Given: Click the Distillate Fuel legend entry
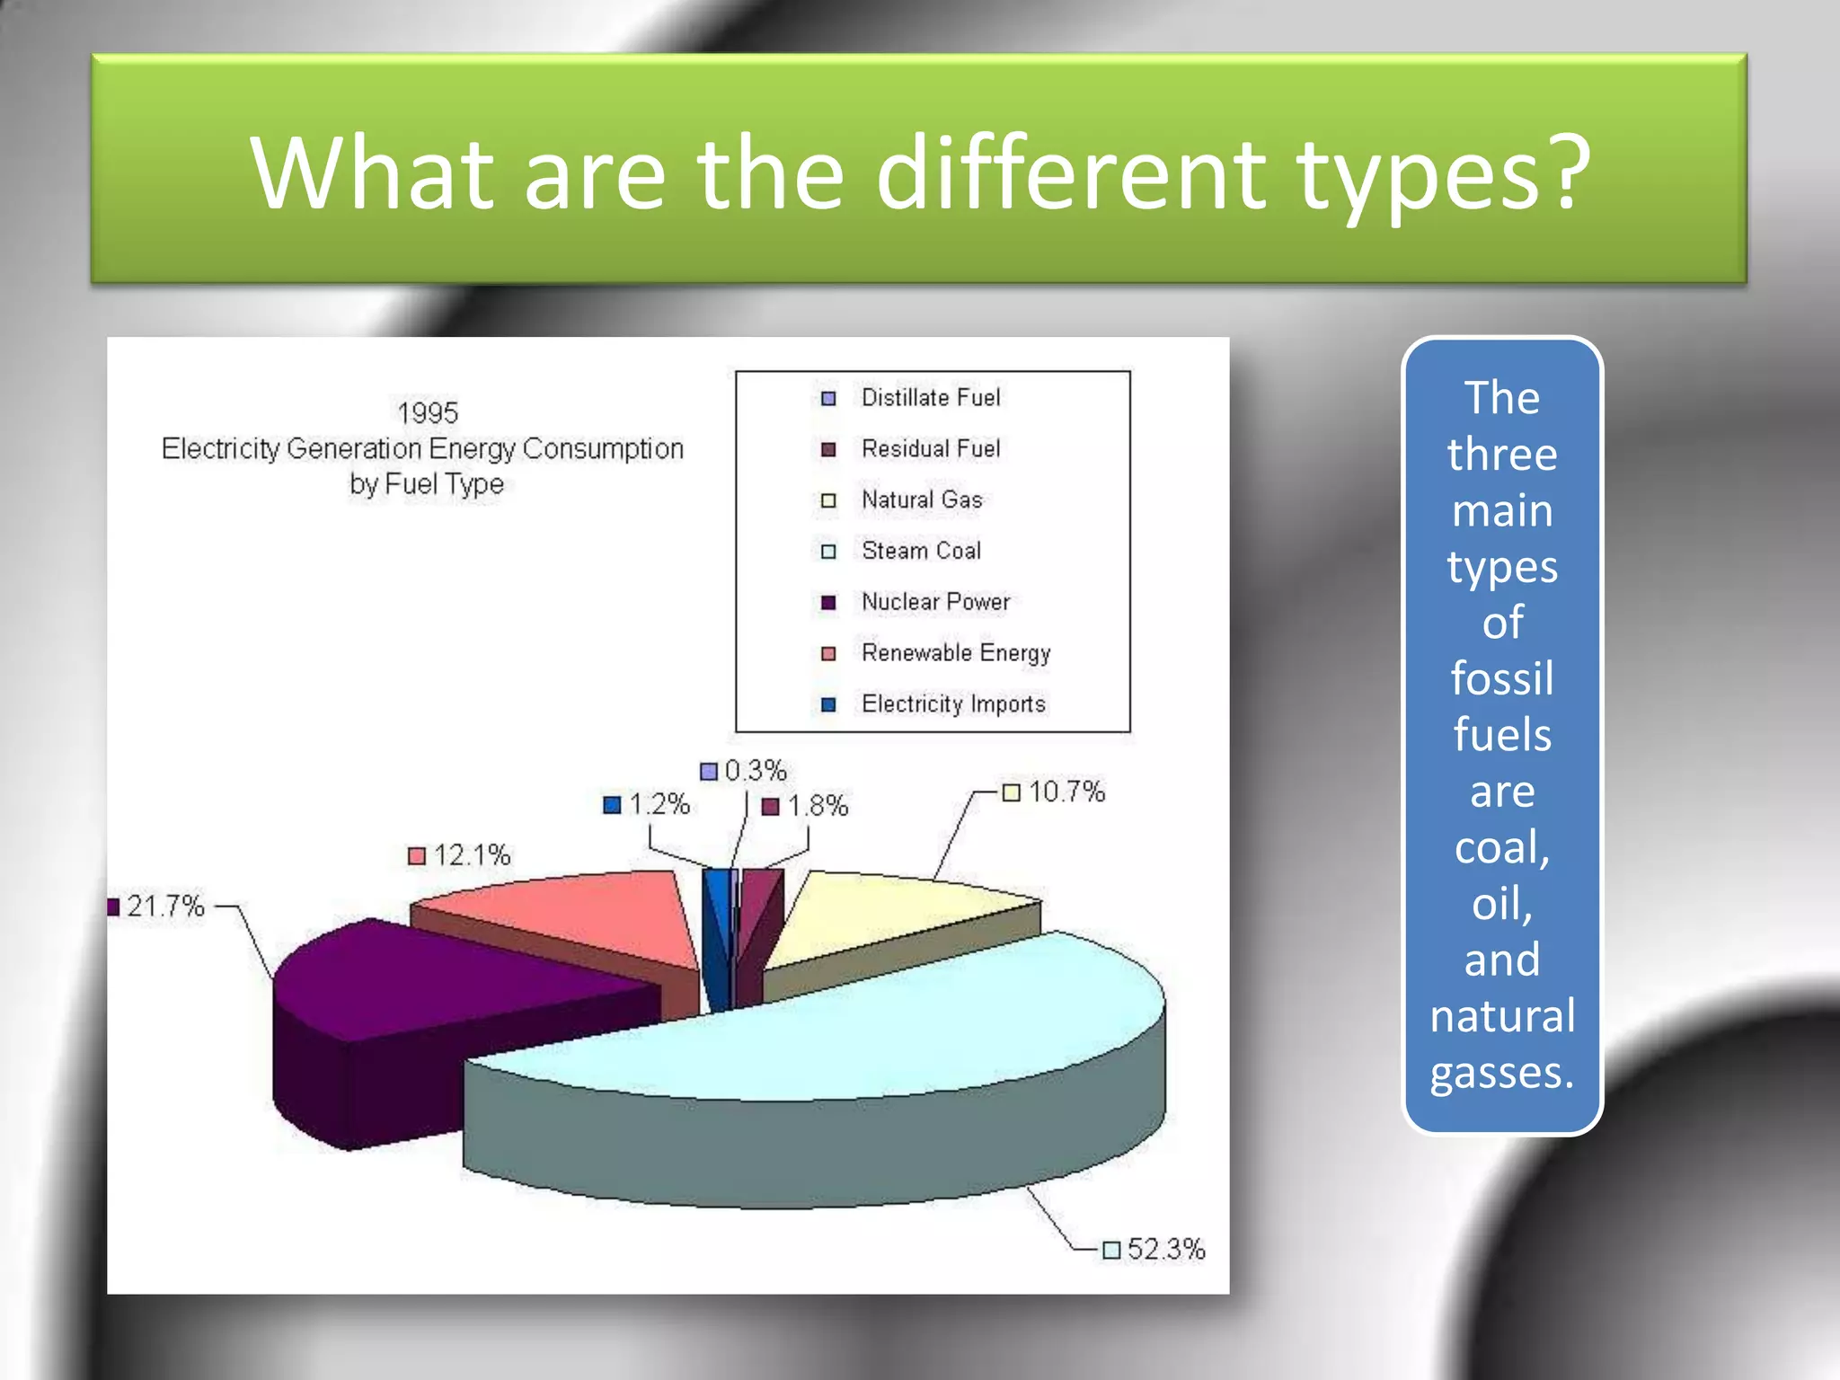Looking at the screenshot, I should [930, 397].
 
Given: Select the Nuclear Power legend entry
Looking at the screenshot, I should [935, 601].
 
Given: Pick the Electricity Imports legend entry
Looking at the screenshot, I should [953, 703].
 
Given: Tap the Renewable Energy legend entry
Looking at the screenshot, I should [956, 652].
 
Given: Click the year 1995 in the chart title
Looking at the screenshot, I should [428, 413].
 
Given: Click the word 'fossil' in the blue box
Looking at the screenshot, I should [1502, 678].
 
